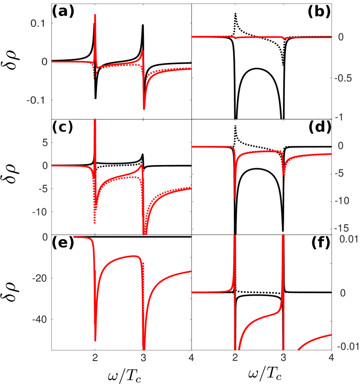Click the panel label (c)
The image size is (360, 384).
(x=62, y=127)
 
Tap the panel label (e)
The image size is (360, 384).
(x=62, y=243)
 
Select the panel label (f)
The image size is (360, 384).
(x=321, y=243)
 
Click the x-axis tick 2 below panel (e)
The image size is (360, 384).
(x=95, y=358)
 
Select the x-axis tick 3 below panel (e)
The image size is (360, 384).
(x=143, y=358)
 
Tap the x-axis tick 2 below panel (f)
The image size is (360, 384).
(x=235, y=358)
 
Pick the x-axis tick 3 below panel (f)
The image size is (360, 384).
(x=283, y=358)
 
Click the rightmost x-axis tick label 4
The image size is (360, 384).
(x=331, y=358)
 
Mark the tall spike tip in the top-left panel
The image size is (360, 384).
(x=95, y=15)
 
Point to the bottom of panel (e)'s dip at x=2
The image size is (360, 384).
(x=95, y=340)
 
